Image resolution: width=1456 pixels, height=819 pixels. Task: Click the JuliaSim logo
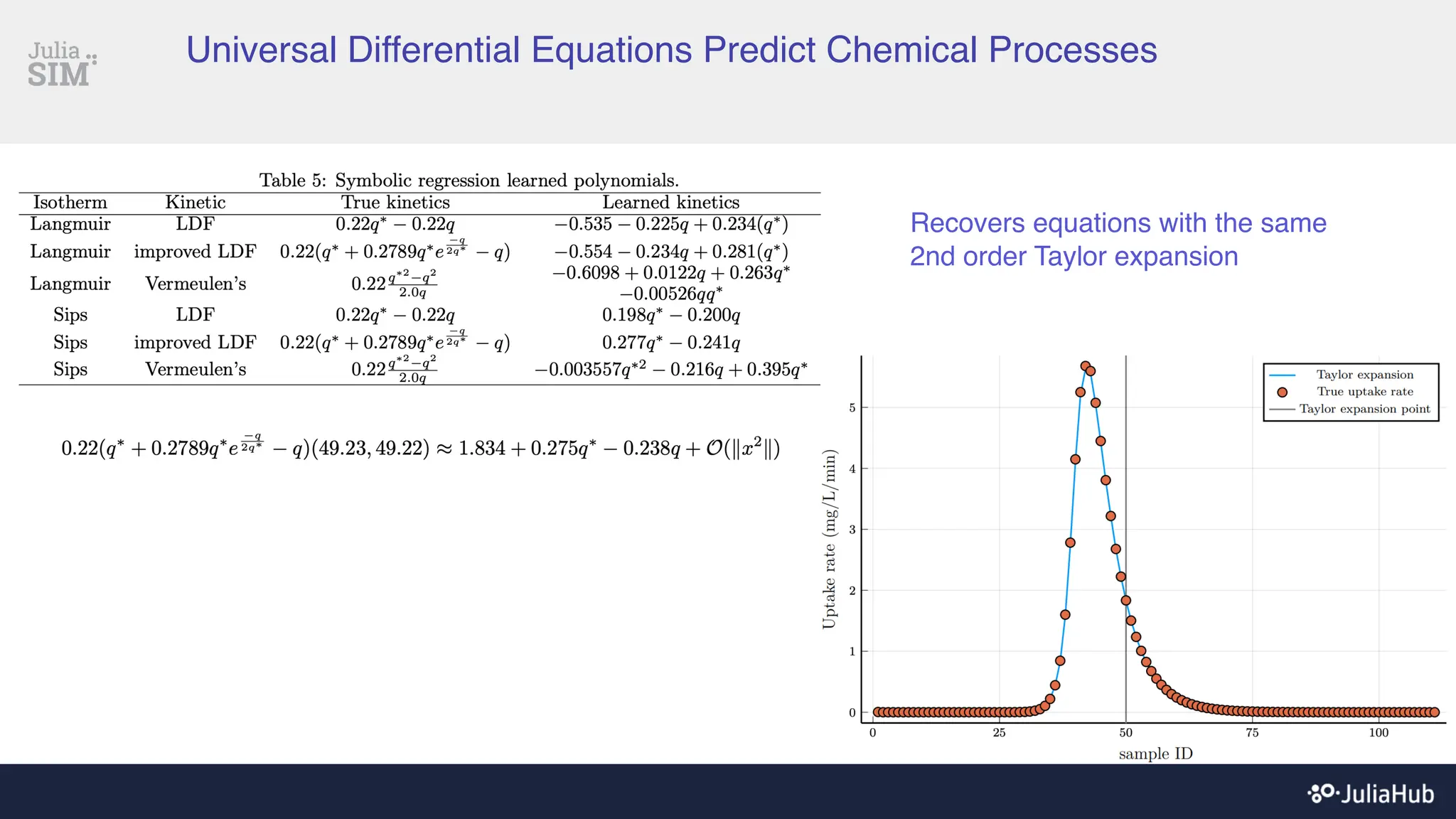(61, 64)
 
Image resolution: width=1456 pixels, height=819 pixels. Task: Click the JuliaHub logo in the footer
(1371, 793)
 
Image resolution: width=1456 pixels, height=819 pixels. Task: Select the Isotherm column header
(70, 203)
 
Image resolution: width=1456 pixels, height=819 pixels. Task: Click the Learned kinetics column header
(670, 203)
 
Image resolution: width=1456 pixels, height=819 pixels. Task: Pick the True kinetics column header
(395, 203)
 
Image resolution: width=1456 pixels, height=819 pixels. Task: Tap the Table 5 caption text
(469, 180)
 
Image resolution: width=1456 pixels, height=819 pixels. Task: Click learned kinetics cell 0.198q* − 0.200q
(670, 315)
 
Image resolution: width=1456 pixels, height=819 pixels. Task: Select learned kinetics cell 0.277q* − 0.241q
(670, 343)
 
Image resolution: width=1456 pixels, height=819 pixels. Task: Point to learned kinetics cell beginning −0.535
(670, 225)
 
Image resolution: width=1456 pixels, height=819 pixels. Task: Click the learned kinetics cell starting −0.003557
(670, 370)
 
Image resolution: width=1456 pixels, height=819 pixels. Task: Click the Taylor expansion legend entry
(1364, 375)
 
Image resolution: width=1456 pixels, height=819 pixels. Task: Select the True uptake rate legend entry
(1364, 392)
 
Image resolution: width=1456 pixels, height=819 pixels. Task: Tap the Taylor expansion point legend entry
(1364, 409)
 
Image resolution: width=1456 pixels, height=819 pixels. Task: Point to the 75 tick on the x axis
(1252, 733)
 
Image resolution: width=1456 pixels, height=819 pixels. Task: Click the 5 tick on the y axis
(852, 408)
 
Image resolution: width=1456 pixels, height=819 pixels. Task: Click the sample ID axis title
(1155, 754)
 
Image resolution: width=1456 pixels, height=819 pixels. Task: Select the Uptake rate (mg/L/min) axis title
(829, 540)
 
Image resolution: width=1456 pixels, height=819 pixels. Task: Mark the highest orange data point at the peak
(1085, 366)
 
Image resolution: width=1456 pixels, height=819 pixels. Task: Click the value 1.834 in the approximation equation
(481, 449)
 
